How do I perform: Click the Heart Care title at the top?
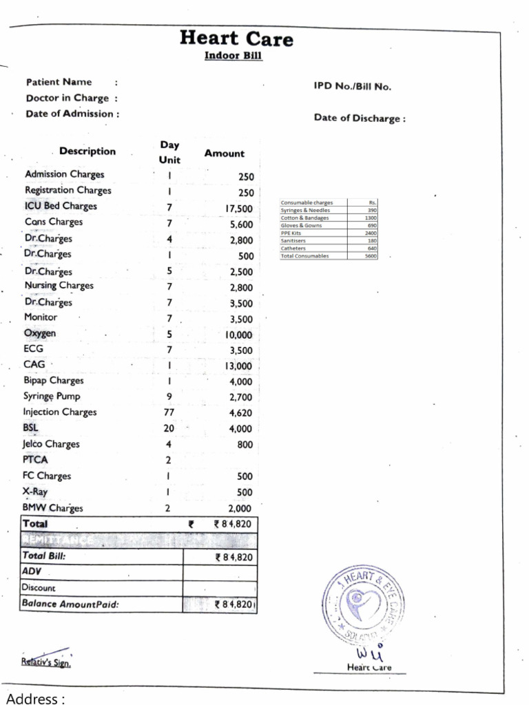(236, 39)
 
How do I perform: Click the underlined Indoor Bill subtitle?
(233, 56)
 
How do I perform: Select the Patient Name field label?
(59, 82)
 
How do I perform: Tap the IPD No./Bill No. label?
(352, 87)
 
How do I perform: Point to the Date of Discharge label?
(359, 118)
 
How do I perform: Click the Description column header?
(87, 151)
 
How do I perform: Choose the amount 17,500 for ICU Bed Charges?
(239, 209)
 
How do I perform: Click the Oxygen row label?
(40, 333)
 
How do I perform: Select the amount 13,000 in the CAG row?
(238, 366)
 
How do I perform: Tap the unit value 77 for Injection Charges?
(169, 412)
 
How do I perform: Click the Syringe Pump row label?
(52, 397)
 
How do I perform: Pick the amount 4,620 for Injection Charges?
(240, 414)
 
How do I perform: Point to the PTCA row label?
(36, 460)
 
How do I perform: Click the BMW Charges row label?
(53, 509)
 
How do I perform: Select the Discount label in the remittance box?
(39, 588)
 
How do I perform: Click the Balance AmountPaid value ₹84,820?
(235, 604)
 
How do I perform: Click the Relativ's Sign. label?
(45, 664)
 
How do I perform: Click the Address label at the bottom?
(35, 699)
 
